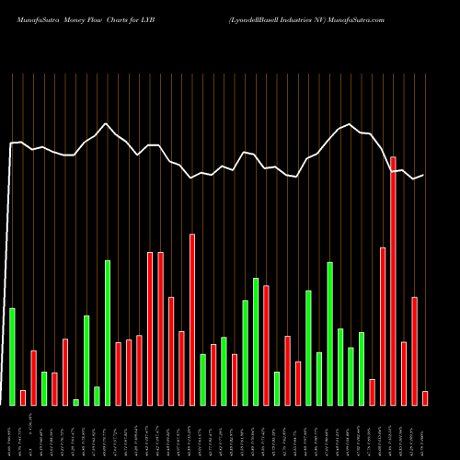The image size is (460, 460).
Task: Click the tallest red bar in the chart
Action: coord(393,281)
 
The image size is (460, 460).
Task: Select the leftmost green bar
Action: coord(12,356)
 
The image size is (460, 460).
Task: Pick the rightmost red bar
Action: coord(425,397)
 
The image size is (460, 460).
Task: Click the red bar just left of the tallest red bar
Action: coord(383,326)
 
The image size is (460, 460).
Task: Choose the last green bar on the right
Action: coord(362,368)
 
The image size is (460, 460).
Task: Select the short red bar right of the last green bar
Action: coord(372,392)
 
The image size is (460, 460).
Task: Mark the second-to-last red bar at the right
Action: coord(414,351)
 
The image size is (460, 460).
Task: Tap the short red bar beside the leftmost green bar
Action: coord(23,397)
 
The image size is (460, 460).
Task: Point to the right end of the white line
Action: coord(423,175)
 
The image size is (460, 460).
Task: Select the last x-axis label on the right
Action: coord(425,432)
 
